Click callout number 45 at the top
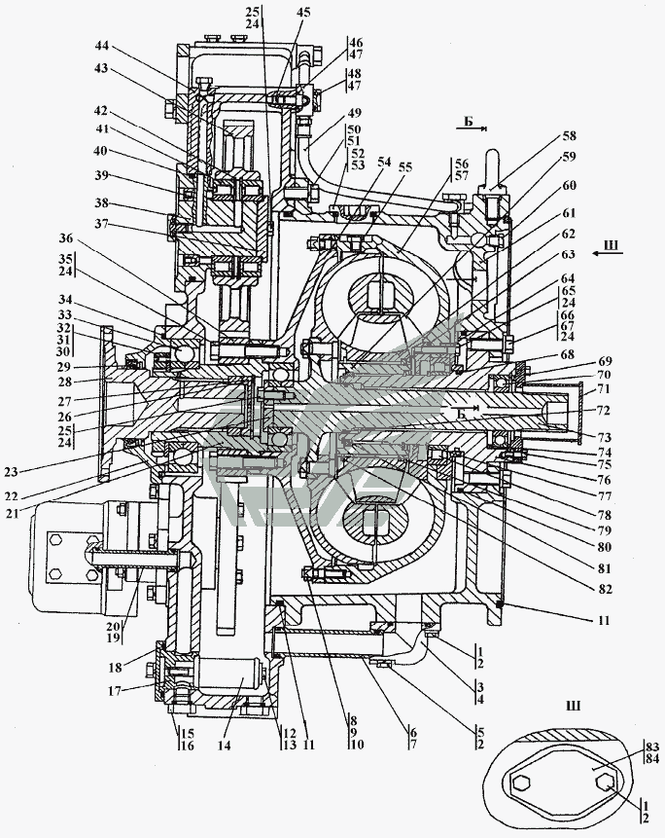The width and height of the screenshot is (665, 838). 304,13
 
